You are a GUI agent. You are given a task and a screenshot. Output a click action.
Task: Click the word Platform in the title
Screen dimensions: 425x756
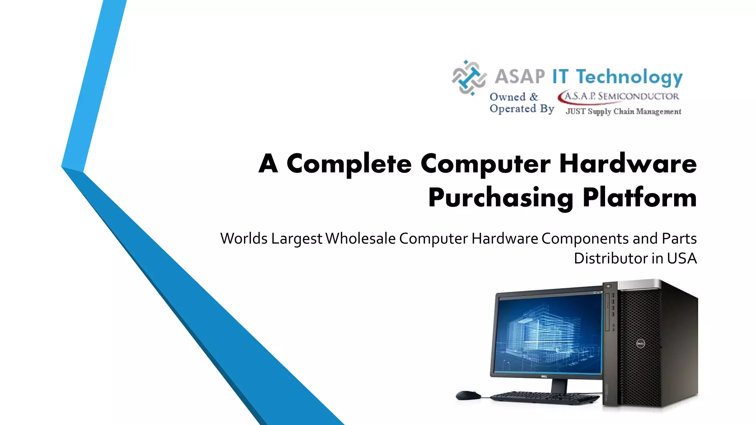point(639,198)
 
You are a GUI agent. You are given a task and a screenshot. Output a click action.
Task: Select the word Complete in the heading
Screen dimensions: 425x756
point(349,164)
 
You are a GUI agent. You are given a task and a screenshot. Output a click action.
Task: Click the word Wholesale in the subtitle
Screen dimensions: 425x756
point(361,238)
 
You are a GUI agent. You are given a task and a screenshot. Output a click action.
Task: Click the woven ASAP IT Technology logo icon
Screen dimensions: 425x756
point(469,77)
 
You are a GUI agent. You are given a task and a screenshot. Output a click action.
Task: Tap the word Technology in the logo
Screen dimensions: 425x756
point(629,77)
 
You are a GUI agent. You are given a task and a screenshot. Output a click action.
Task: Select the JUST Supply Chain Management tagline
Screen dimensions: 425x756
point(623,111)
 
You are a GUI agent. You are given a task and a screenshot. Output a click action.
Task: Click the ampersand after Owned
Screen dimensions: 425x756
point(534,97)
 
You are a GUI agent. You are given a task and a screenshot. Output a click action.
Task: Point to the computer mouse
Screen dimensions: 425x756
point(468,395)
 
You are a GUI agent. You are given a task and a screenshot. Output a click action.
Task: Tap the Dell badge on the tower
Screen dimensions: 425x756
point(640,344)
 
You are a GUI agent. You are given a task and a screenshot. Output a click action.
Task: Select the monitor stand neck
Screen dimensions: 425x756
point(559,386)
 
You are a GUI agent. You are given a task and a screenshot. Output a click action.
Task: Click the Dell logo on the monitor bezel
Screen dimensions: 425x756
point(544,376)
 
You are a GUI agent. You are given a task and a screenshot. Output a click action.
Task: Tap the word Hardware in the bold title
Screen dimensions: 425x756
point(628,164)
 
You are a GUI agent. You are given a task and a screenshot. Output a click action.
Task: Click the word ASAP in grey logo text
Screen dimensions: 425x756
point(519,76)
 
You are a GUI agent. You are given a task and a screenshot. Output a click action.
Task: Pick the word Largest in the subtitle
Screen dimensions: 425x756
point(297,239)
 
